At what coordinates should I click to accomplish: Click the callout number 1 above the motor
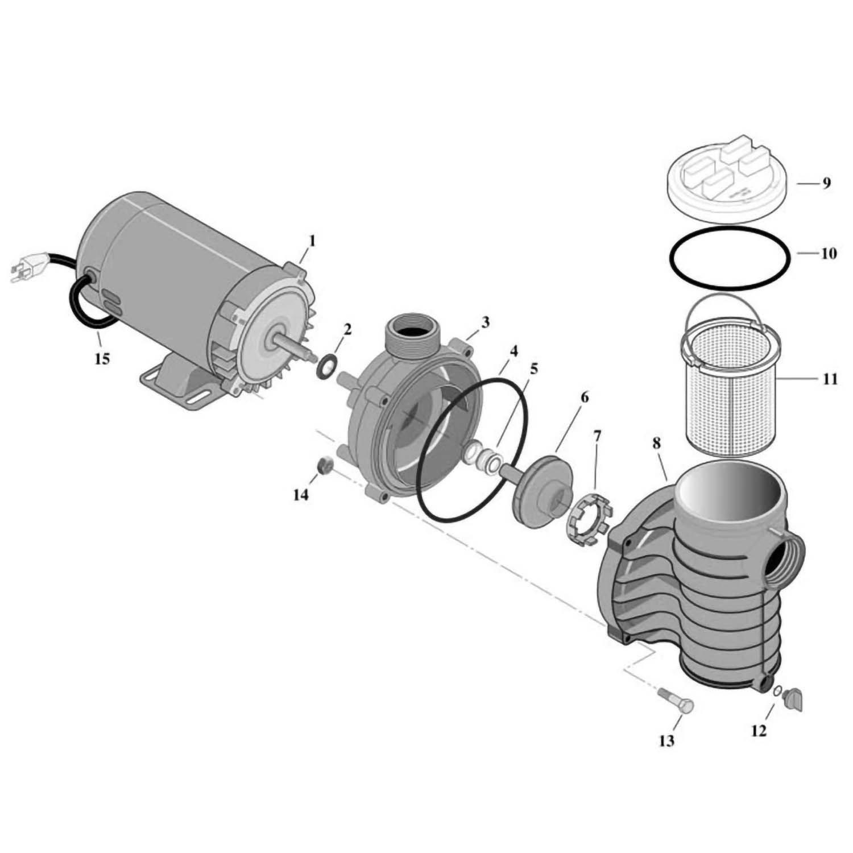pyautogui.click(x=312, y=241)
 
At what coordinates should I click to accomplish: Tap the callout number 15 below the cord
pyautogui.click(x=102, y=359)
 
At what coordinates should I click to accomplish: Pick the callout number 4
pyautogui.click(x=514, y=351)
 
